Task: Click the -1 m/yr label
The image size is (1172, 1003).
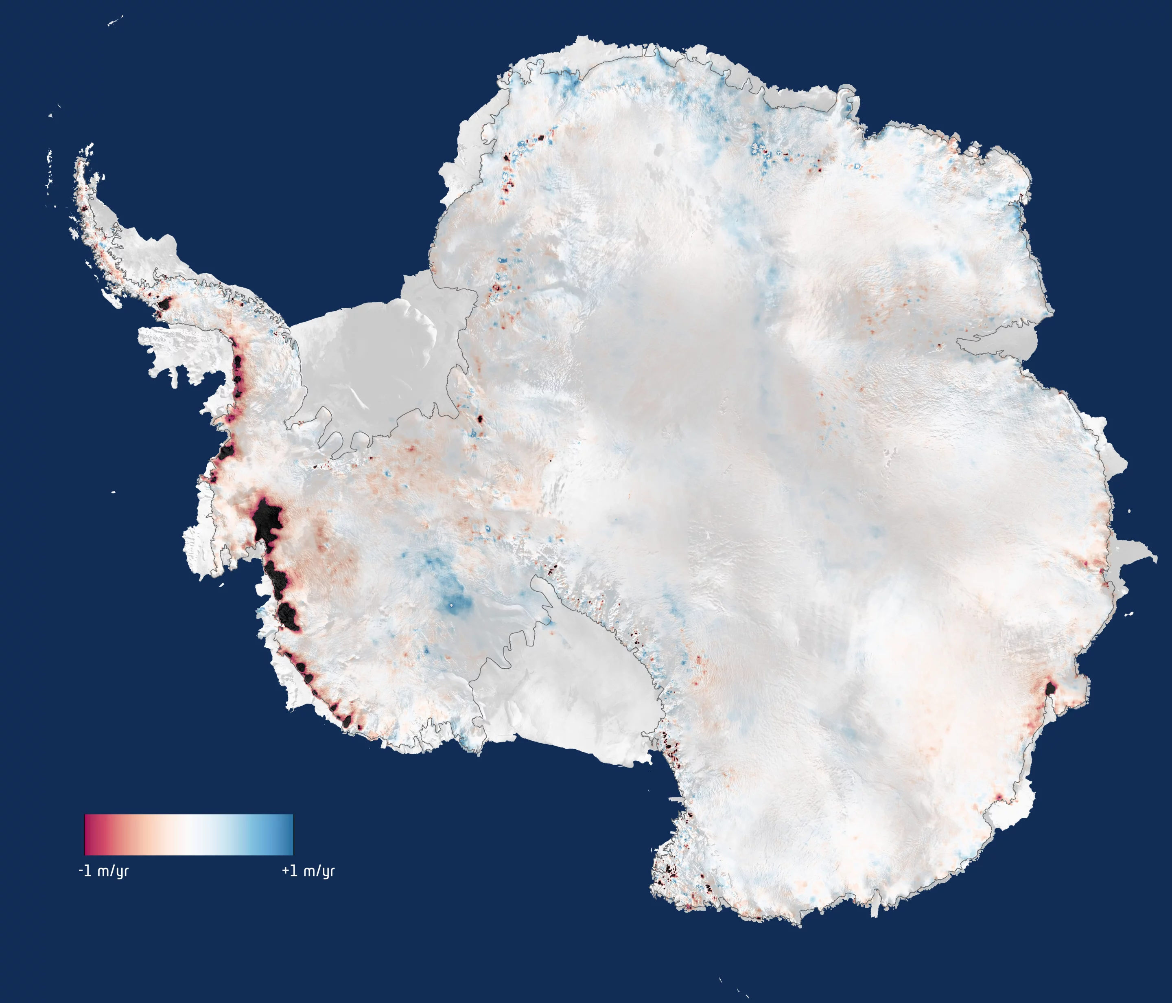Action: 103,871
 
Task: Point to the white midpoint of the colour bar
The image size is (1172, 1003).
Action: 189,834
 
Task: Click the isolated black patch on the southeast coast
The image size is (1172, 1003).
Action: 1050,689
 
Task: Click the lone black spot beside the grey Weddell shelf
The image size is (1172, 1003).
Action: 480,419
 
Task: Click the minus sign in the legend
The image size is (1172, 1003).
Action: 81,871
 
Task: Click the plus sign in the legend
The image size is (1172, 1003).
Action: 286,871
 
